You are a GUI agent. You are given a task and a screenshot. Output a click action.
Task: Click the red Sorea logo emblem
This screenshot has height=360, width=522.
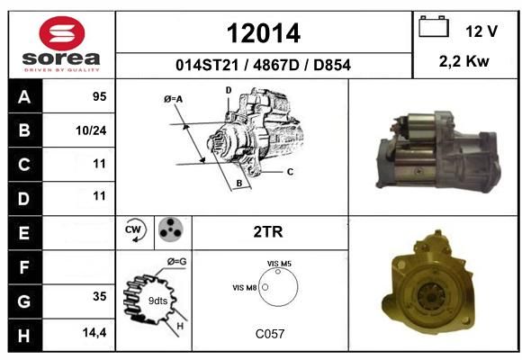[x=62, y=33]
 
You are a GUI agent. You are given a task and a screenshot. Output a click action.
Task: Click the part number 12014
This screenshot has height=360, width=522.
[x=264, y=33]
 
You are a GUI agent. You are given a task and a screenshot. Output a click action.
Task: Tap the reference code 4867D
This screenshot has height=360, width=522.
[x=276, y=65]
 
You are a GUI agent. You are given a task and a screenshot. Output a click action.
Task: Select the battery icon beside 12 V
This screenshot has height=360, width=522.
[x=434, y=26]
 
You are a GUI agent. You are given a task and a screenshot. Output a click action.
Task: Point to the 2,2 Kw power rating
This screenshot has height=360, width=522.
[x=464, y=61]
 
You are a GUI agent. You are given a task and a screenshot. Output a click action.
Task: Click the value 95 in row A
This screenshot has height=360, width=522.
[x=100, y=96]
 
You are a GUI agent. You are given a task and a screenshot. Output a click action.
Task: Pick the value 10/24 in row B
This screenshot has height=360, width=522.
[x=91, y=130]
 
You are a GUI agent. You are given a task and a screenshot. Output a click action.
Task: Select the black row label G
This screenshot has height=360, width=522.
[x=25, y=301]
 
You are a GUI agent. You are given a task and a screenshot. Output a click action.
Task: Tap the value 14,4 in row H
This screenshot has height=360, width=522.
[x=94, y=332]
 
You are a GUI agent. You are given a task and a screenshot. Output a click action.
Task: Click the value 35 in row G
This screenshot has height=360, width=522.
[x=100, y=296]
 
